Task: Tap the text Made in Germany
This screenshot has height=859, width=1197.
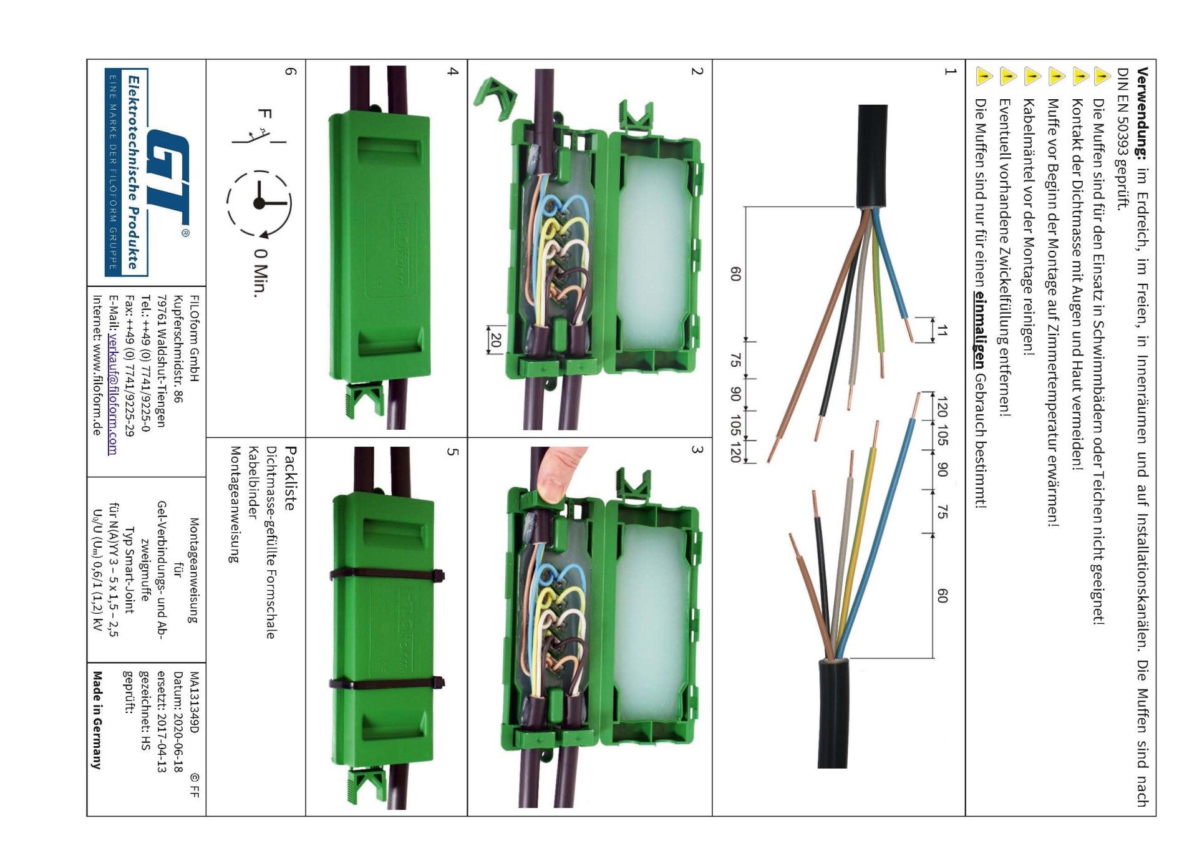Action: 97,719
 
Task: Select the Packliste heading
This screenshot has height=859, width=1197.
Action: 289,478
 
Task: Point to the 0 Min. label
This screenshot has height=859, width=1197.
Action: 261,273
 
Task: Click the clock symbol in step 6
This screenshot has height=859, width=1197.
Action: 259,203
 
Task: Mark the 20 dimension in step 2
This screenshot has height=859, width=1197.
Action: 496,340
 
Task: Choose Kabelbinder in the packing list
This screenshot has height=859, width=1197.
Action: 253,482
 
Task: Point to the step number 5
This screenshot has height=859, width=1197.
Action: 453,452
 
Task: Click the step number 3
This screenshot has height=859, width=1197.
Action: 697,450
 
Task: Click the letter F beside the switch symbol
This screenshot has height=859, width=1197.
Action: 264,114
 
